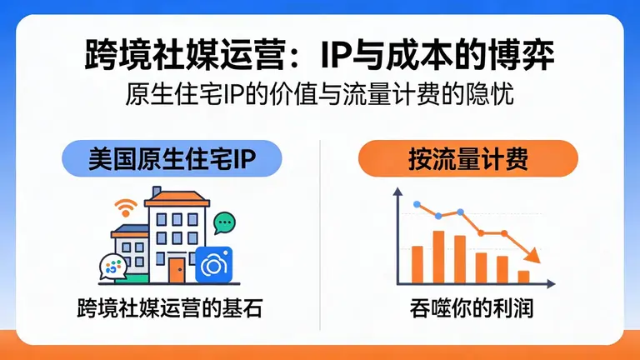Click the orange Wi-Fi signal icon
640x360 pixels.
(126, 206)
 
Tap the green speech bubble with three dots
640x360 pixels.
(223, 222)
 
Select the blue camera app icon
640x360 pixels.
(213, 266)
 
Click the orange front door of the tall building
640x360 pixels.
(176, 268)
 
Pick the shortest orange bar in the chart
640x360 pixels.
(523, 276)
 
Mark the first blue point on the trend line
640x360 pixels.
(417, 204)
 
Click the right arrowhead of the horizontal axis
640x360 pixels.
(545, 283)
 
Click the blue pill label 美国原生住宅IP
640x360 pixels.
(172, 158)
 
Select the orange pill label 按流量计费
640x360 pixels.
(467, 158)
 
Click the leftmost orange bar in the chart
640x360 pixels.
(417, 264)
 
